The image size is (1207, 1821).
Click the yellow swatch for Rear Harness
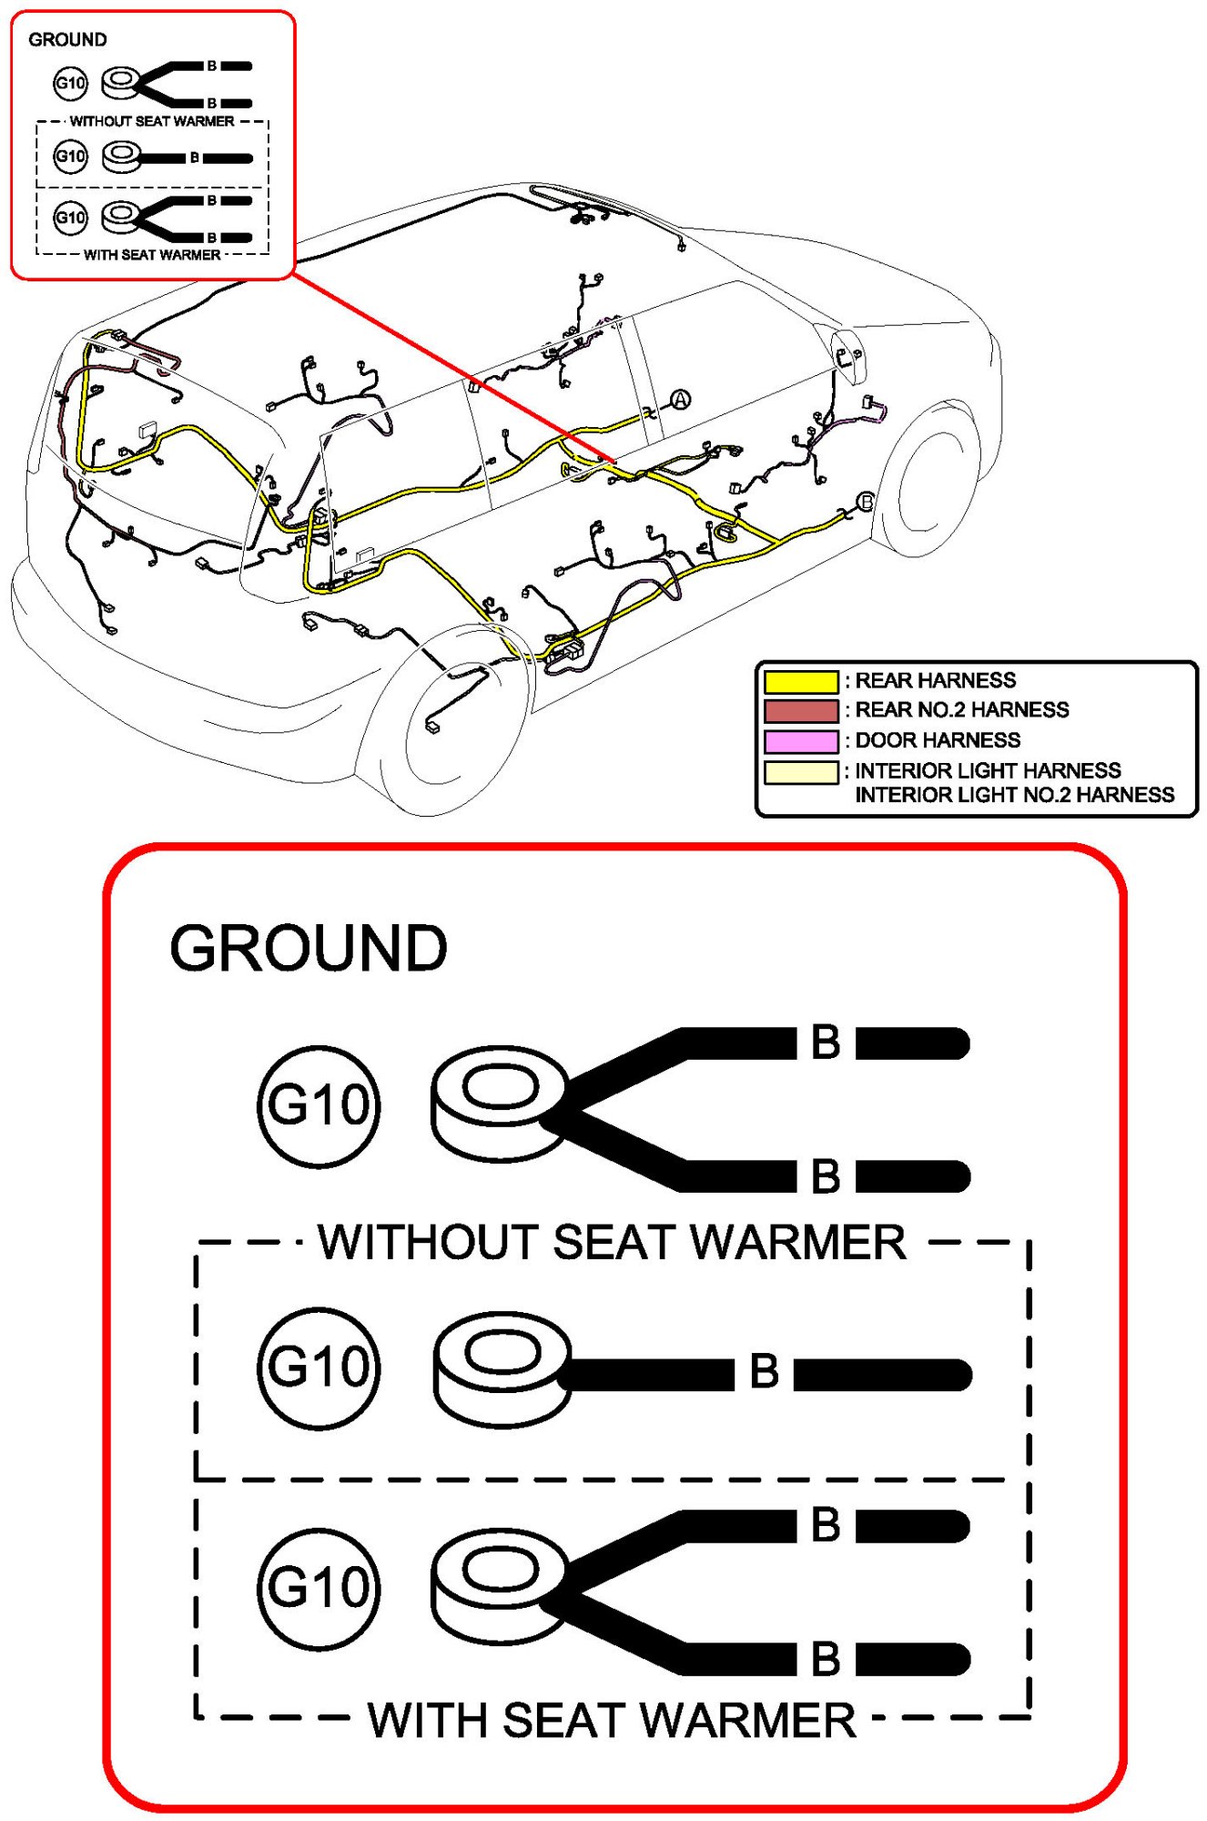800,681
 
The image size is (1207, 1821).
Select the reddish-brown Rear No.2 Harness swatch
800,710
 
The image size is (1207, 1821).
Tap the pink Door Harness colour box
800,740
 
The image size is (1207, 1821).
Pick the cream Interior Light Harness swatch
800,771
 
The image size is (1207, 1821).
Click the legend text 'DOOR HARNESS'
938,740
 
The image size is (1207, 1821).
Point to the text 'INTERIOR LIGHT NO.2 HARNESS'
1015,795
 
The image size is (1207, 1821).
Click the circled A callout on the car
681,399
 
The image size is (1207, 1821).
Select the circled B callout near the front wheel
866,502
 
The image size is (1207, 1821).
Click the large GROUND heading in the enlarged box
309,949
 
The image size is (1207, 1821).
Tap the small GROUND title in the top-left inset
67,40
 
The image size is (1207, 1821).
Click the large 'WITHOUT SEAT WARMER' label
612,1242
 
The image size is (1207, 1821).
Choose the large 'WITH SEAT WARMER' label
612,1720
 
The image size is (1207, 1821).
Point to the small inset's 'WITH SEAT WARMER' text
152,255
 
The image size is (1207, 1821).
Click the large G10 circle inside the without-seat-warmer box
319,1368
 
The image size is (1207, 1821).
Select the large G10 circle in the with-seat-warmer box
319,1588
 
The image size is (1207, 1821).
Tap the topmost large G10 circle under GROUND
319,1105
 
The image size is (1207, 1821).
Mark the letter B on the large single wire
765,1371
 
